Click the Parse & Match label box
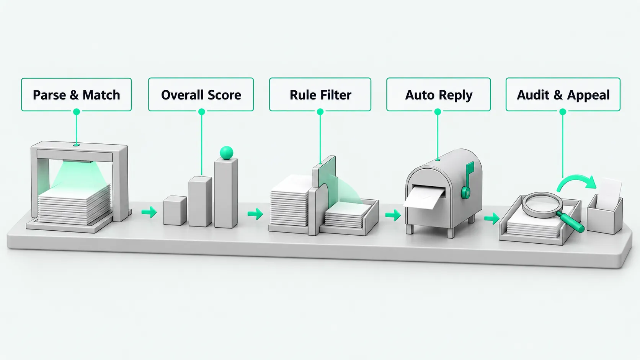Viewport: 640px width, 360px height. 76,94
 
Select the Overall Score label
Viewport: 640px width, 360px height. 201,94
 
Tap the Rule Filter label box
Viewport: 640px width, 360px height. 320,94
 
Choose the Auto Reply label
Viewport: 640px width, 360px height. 439,94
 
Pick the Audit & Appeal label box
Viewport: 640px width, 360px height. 563,94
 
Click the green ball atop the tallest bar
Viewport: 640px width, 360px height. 227,152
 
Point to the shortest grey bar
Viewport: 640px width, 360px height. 175,210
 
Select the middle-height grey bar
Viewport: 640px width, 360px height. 200,201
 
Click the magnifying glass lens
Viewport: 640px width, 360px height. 542,205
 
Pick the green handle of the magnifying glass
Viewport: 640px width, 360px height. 570,222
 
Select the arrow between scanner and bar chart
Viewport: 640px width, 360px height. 149,212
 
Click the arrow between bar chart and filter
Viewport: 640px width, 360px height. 255,214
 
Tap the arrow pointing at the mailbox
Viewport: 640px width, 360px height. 393,215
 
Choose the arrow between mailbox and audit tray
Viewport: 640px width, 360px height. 492,218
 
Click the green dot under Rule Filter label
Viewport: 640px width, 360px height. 320,112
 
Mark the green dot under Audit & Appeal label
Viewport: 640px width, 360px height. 563,112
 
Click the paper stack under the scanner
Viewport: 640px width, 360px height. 74,204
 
